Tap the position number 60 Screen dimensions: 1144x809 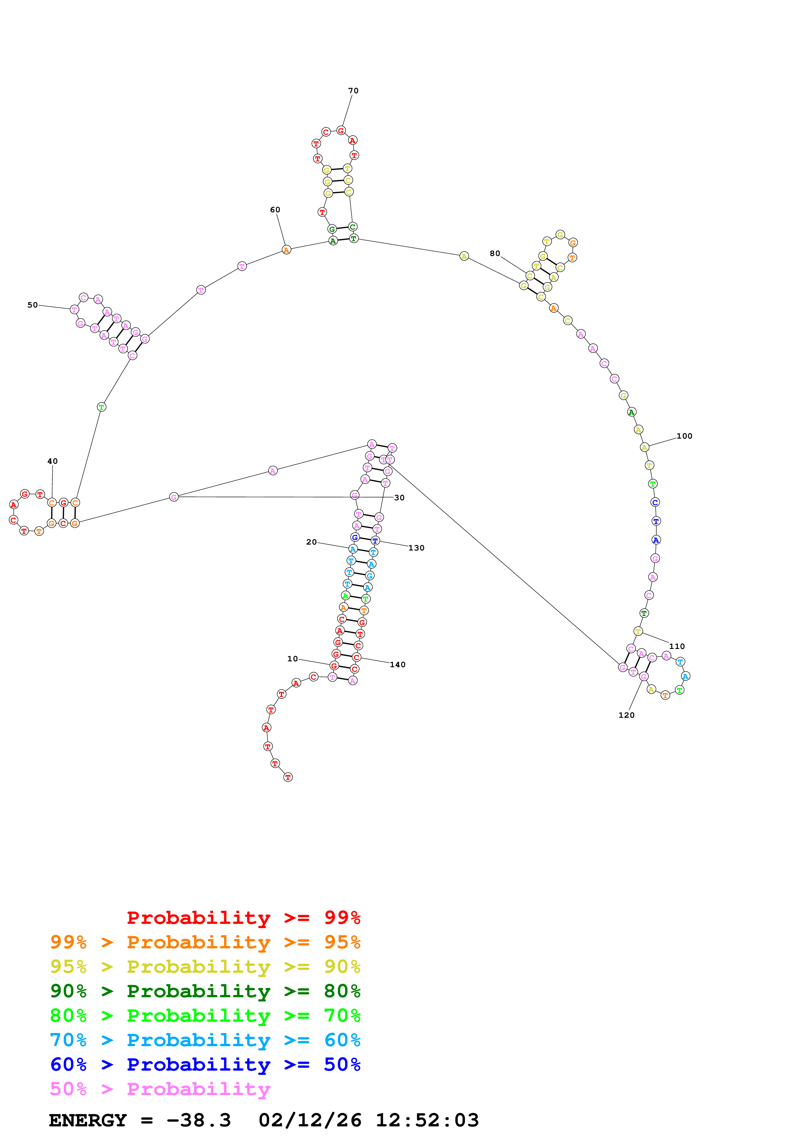tap(275, 210)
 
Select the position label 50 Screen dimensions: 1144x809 tap(32, 305)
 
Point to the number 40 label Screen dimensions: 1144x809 tap(52, 461)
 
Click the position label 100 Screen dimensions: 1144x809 tap(684, 436)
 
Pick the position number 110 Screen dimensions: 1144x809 tap(677, 646)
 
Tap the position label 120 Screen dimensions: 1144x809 tap(627, 715)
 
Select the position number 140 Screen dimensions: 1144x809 tap(398, 665)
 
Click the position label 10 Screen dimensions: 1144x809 tap(293, 659)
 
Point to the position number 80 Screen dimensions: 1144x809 tap(495, 254)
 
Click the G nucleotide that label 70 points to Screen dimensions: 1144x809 tap(341, 130)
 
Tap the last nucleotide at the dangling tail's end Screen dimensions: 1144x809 tap(288, 777)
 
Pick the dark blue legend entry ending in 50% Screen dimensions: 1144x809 tap(205, 1064)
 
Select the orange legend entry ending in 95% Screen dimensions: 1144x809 tap(205, 942)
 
